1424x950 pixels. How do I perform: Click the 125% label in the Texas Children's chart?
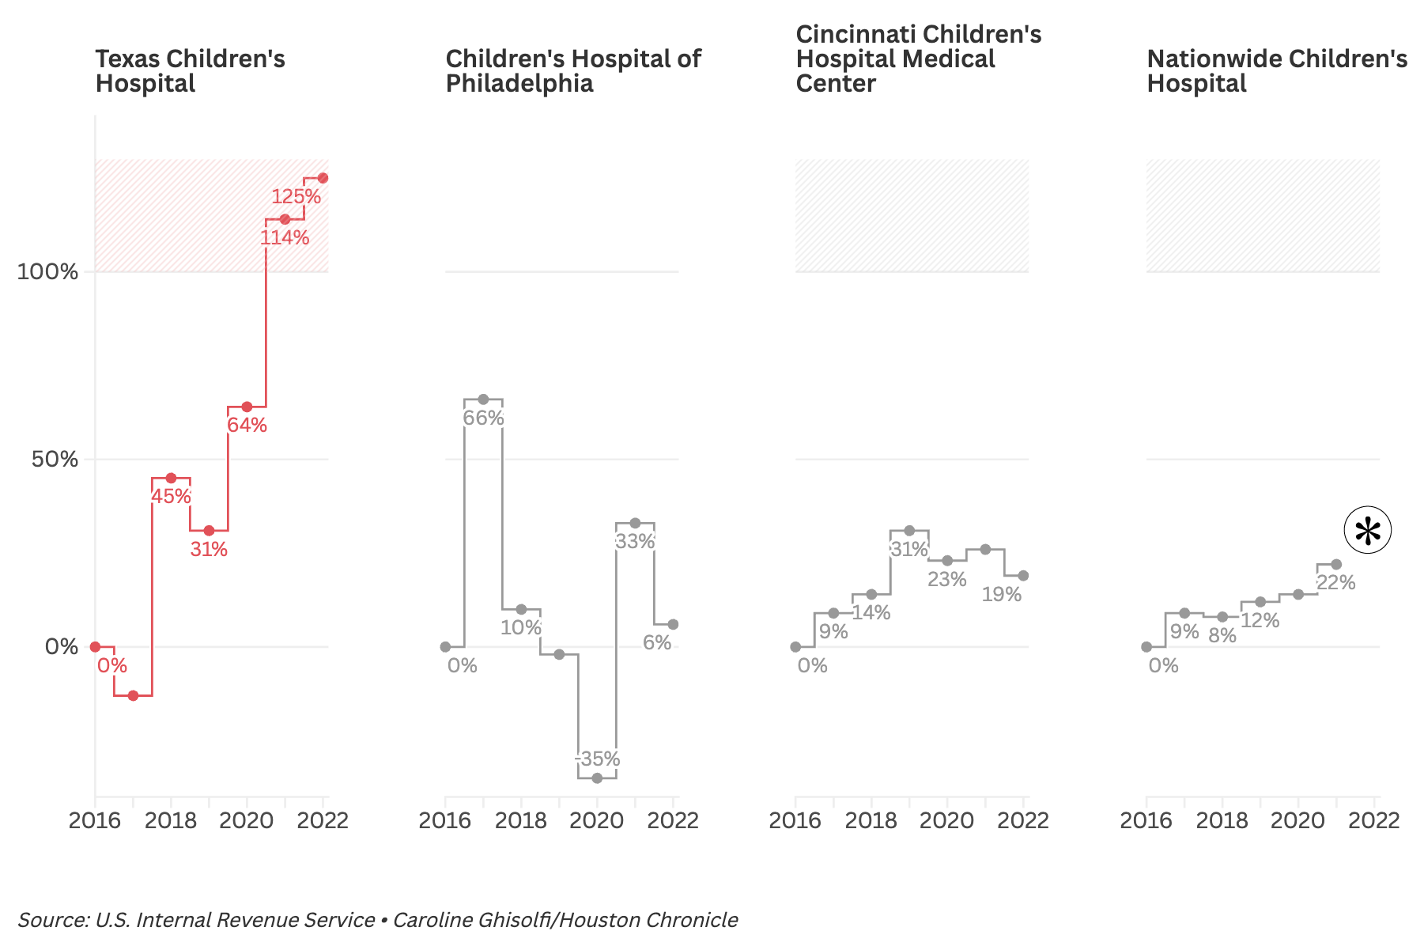[x=297, y=196]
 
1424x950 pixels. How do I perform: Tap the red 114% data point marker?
[x=285, y=219]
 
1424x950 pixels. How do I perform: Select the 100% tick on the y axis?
[x=48, y=272]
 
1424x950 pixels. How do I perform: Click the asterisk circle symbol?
[x=1367, y=531]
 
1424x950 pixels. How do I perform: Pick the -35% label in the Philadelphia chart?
[x=597, y=759]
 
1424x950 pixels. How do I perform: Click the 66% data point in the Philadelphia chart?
[x=483, y=399]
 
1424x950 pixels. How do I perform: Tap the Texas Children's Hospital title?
[x=190, y=71]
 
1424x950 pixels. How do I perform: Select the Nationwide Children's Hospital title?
[x=1276, y=71]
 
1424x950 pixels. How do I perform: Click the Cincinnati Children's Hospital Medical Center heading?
[x=917, y=59]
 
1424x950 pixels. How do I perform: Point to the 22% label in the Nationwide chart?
[x=1336, y=583]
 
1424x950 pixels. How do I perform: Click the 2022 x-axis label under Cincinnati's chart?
[x=1022, y=820]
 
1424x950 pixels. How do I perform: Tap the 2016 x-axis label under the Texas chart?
[x=95, y=820]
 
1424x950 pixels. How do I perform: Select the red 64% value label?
[x=247, y=426]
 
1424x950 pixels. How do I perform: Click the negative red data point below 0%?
[x=133, y=695]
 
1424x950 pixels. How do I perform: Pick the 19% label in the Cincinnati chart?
[x=1001, y=595]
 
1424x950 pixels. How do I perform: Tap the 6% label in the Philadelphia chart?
[x=656, y=643]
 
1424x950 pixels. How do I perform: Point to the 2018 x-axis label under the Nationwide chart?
[x=1222, y=820]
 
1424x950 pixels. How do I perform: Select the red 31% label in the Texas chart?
[x=209, y=549]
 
